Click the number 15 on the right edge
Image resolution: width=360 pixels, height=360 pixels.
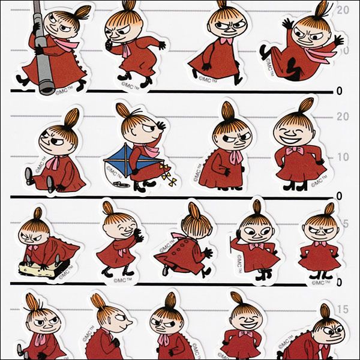341,310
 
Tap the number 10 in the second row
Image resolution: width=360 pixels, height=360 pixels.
341,157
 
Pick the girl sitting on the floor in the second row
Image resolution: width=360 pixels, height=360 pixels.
55,157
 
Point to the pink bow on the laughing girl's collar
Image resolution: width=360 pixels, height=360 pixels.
295,151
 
